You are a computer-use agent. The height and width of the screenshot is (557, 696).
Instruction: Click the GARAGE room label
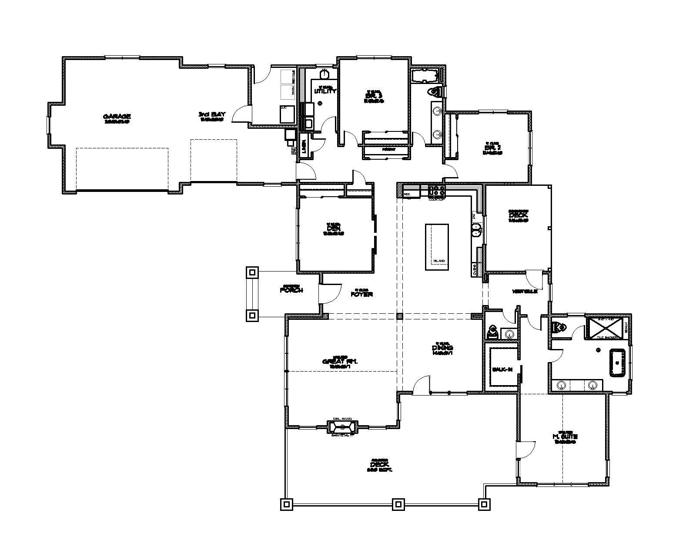pyautogui.click(x=117, y=116)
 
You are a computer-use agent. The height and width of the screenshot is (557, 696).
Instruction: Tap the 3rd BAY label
pyautogui.click(x=212, y=114)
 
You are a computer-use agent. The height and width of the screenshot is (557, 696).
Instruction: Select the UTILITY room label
pyautogui.click(x=325, y=91)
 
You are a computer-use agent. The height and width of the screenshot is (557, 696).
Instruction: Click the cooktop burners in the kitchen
pyautogui.click(x=437, y=190)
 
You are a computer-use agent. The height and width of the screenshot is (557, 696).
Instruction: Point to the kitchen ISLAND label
pyautogui.click(x=439, y=261)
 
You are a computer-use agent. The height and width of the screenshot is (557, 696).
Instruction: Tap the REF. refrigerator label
pyautogui.click(x=408, y=194)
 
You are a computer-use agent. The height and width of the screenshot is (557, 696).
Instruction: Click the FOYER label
pyautogui.click(x=361, y=294)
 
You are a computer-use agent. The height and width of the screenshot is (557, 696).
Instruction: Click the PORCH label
pyautogui.click(x=291, y=290)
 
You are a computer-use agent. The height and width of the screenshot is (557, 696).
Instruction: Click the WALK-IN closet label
pyautogui.click(x=502, y=369)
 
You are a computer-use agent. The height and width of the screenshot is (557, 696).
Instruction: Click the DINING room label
pyautogui.click(x=442, y=348)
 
